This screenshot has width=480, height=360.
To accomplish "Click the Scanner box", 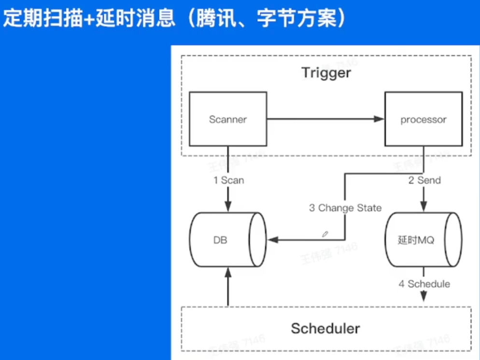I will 227,119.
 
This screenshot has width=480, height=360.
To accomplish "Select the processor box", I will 423,119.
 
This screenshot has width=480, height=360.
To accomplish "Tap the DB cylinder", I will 227,239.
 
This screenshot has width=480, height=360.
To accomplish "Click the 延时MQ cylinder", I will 423,239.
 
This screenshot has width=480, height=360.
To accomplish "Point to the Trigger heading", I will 326,73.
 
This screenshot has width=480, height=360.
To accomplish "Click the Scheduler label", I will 325,329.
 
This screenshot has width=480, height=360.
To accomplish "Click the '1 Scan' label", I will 228,180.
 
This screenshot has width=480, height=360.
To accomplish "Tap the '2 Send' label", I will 424,180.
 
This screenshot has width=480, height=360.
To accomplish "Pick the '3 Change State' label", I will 345,208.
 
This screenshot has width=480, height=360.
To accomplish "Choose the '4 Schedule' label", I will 424,284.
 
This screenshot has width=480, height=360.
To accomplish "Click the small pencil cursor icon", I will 325,234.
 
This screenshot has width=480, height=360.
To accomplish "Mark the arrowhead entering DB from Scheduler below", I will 228,273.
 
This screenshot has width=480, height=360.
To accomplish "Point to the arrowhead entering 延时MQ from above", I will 424,206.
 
